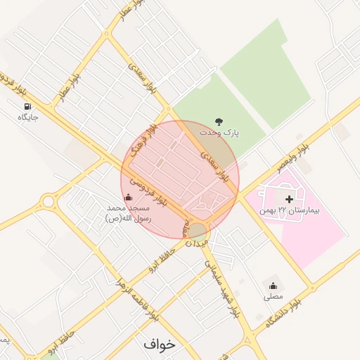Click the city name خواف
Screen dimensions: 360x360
point(158,345)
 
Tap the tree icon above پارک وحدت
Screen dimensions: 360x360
point(219,120)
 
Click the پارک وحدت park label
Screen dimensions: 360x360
point(219,132)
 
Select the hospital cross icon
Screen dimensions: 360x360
point(288,200)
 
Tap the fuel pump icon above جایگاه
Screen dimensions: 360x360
point(27,106)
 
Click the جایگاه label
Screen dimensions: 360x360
point(27,117)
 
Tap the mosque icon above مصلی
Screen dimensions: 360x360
point(273,285)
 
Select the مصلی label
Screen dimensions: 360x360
point(273,297)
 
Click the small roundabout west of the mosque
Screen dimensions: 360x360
point(48,202)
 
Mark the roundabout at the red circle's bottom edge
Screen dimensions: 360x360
point(198,230)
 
